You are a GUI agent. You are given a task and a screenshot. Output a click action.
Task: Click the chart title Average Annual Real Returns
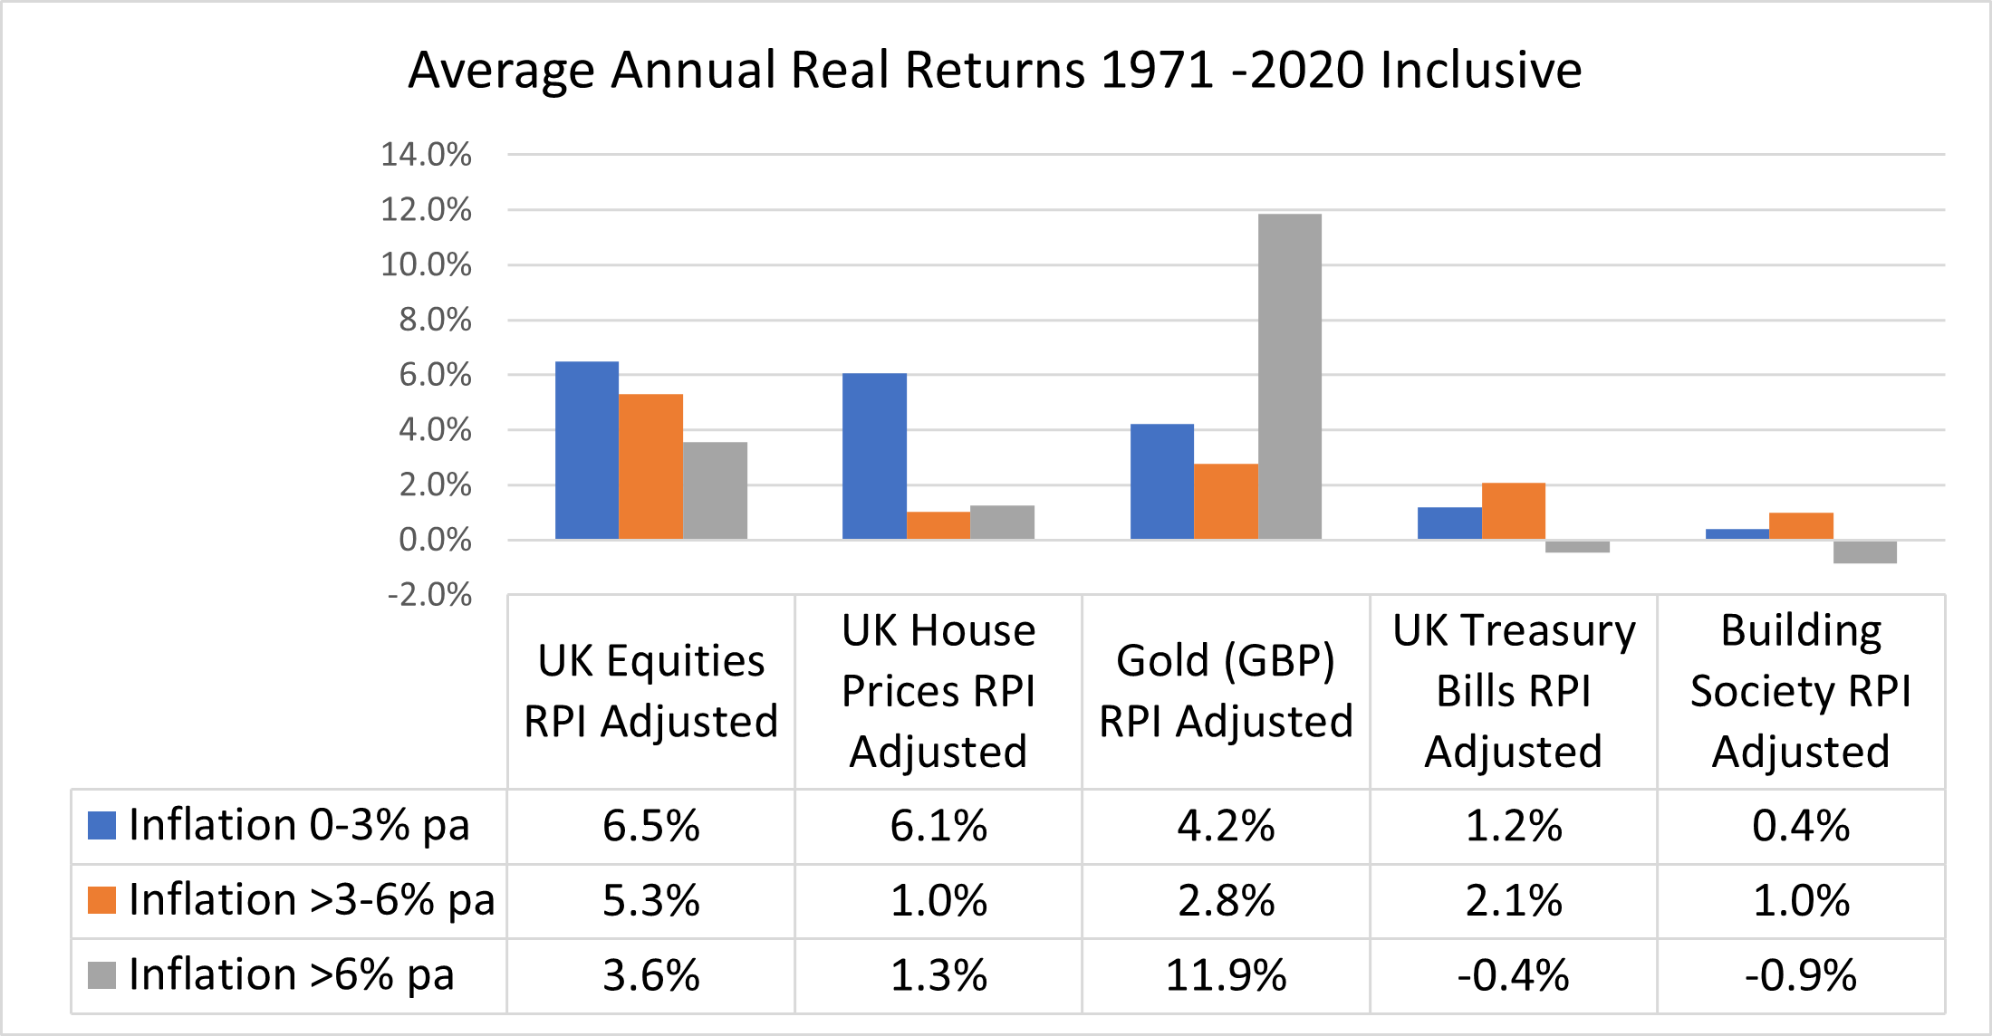[x=995, y=70]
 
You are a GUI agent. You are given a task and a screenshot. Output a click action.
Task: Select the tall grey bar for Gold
[x=1289, y=376]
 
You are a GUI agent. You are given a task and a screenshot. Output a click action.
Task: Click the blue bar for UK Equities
[x=586, y=450]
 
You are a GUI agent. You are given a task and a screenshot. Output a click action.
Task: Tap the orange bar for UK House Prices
[x=938, y=525]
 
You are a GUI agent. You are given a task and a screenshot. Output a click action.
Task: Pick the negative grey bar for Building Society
[x=1864, y=552]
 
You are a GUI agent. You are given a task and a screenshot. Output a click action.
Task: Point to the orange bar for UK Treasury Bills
[x=1513, y=511]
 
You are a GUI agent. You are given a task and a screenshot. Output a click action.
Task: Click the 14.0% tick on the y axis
[x=426, y=155]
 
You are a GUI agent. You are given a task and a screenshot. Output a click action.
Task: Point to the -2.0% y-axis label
[x=429, y=595]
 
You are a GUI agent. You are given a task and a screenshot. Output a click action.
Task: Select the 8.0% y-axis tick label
[x=435, y=320]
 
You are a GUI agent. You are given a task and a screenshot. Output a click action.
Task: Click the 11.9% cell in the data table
[x=1226, y=975]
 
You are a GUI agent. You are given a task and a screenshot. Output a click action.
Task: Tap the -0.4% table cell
[x=1513, y=975]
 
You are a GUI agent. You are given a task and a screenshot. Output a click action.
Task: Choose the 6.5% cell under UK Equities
[x=650, y=826]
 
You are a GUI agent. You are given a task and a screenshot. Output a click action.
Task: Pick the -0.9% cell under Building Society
[x=1800, y=975]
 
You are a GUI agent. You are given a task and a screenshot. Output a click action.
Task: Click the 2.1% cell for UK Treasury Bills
[x=1513, y=900]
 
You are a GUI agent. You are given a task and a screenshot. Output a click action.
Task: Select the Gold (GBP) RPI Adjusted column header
[x=1226, y=690]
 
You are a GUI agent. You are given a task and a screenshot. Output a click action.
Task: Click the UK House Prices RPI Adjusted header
[x=938, y=690]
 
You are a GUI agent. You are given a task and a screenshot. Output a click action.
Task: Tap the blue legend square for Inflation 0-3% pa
[x=101, y=825]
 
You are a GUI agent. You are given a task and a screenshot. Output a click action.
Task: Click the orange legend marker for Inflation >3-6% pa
[x=101, y=900]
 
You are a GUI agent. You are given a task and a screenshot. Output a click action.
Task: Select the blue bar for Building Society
[x=1737, y=534]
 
